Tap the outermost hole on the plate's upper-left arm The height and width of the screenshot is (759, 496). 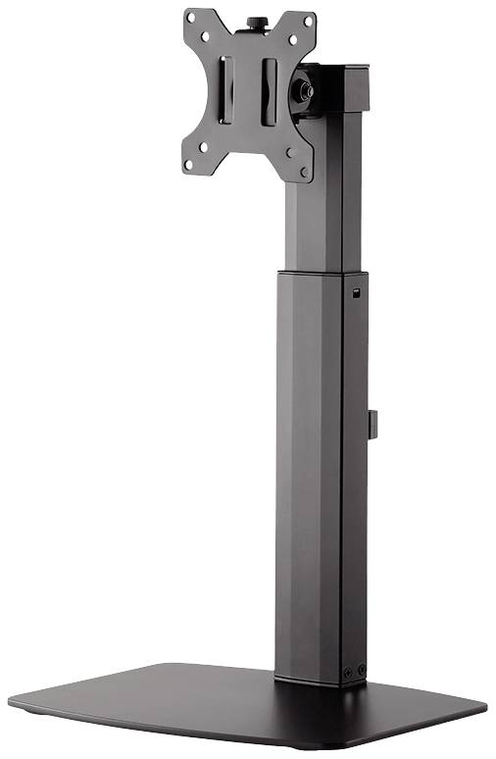tap(191, 18)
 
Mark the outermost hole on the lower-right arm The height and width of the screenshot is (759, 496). tap(305, 173)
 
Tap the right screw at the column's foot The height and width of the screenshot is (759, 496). tap(361, 669)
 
